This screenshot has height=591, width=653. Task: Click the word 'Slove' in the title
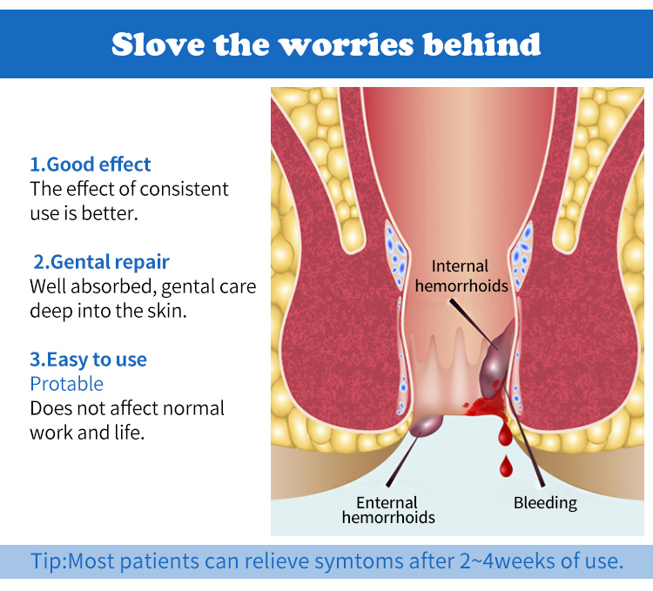[x=158, y=44]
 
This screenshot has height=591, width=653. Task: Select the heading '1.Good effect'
[x=90, y=165]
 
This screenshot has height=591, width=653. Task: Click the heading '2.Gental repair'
[x=101, y=262]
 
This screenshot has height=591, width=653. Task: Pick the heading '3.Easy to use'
[x=88, y=359]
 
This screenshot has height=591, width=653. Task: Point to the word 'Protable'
[x=67, y=384]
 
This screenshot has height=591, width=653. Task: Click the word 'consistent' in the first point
[x=184, y=189]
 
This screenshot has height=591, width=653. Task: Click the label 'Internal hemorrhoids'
[x=461, y=276]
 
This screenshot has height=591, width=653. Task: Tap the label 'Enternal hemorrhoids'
[x=388, y=510]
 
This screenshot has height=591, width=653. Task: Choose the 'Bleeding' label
[x=545, y=503]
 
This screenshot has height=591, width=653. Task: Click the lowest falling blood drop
[x=506, y=467]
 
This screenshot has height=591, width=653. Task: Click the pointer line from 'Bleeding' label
[x=523, y=435]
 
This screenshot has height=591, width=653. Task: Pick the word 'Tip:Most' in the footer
[x=73, y=561]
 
